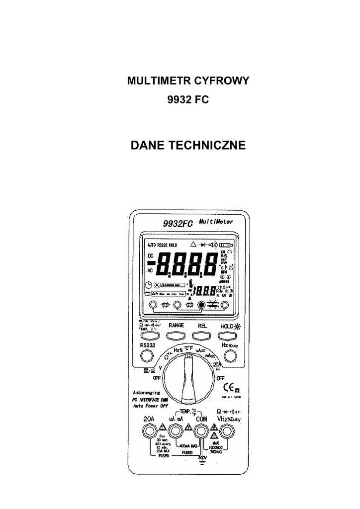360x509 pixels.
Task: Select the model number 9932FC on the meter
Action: coord(177,224)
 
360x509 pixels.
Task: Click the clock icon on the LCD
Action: coord(148,285)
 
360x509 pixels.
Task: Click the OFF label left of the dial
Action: coord(157,378)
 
